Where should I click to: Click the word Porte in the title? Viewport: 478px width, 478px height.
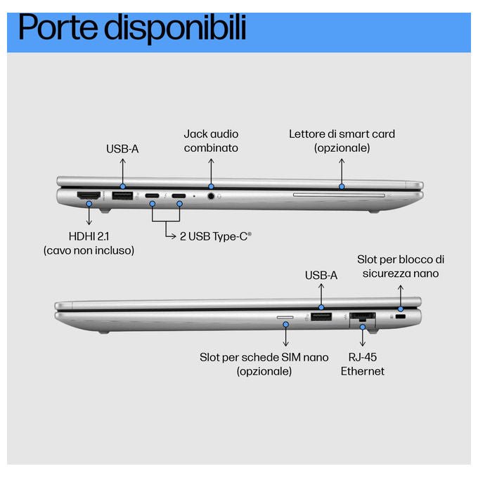click(58, 27)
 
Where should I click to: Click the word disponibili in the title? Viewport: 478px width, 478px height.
click(175, 28)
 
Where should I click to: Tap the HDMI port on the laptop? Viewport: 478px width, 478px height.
click(89, 195)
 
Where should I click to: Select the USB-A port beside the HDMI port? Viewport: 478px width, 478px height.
click(122, 195)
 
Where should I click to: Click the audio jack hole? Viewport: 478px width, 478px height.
click(211, 195)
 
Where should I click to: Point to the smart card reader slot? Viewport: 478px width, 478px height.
click(339, 195)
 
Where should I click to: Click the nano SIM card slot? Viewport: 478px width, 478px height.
click(285, 317)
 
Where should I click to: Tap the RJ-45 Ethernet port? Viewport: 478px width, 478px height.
click(363, 317)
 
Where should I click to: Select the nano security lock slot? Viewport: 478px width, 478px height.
click(400, 317)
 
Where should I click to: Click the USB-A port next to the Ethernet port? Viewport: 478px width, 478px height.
click(321, 317)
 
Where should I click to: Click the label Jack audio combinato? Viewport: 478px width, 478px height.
click(211, 141)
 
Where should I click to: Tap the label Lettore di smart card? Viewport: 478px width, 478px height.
click(342, 134)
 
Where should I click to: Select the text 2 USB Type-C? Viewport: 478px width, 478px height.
click(216, 236)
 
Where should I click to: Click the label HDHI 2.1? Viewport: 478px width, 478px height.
click(89, 236)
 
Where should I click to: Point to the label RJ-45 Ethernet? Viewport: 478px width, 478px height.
click(363, 364)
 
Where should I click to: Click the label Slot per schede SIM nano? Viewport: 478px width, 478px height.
click(264, 357)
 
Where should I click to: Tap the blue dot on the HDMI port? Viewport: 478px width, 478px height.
click(89, 203)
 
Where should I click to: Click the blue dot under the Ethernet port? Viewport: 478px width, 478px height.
click(363, 327)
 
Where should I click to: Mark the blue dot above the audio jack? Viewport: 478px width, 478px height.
click(211, 186)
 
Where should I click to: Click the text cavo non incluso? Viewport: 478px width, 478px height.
click(89, 250)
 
